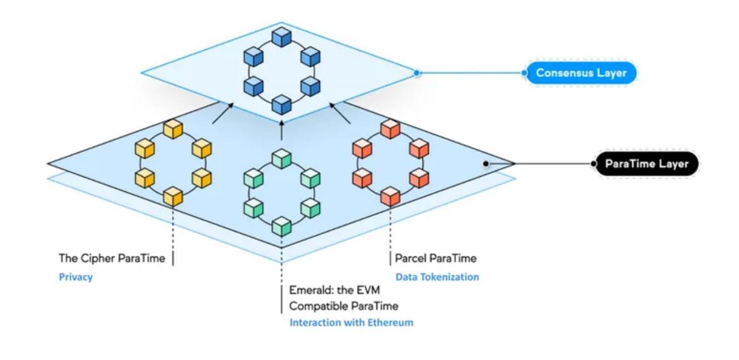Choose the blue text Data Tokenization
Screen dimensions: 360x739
[437, 277]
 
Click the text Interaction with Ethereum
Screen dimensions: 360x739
[351, 323]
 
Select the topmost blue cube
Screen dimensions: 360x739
[281, 36]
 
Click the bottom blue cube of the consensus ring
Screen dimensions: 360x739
[281, 105]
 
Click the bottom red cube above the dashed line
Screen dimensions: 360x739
[390, 197]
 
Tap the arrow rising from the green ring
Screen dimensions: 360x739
[281, 130]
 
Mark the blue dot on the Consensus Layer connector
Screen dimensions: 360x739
[417, 73]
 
